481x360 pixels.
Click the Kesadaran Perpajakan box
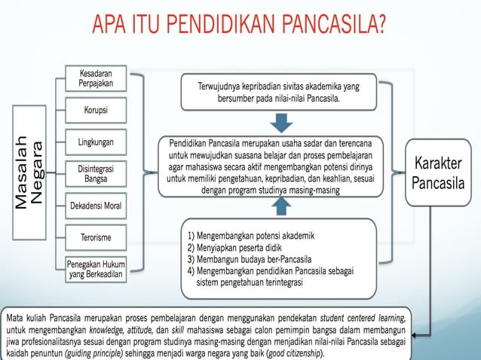coord(95,78)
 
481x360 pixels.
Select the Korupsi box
coord(95,110)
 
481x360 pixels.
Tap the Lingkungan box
coord(95,142)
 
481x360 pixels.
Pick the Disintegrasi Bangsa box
coord(95,174)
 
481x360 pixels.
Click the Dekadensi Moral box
coord(95,206)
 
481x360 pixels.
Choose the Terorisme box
coord(95,237)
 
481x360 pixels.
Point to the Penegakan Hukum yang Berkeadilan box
coord(95,269)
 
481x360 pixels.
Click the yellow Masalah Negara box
coord(30,172)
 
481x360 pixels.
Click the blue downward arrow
coord(281,122)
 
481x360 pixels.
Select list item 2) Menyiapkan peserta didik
coord(240,247)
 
